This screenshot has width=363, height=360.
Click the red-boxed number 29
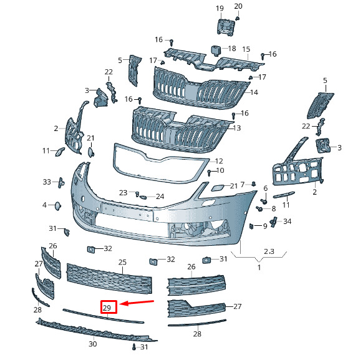coord(107,308)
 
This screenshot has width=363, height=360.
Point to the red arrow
coord(137,303)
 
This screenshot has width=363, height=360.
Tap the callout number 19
coord(220,8)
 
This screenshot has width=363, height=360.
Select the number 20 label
coord(238,6)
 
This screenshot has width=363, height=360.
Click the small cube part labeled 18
coord(215,51)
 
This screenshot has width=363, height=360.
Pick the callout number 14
coord(254,92)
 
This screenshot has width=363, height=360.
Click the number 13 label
coord(237,128)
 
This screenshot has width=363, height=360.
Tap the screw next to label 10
coord(210,173)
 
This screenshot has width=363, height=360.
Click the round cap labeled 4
coord(57,206)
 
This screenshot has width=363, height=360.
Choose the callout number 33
coord(47,182)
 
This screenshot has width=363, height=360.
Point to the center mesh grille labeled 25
coord(109,278)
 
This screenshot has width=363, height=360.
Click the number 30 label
coord(92,344)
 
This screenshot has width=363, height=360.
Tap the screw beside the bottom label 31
coord(134,347)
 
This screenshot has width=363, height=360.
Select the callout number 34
coord(288,221)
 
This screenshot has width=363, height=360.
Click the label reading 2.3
coord(269,251)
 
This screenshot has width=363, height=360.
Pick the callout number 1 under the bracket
coord(259,268)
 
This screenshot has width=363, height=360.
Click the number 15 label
coord(246,49)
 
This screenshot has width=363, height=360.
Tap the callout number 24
coord(160,197)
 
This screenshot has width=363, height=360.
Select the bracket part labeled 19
coord(225,27)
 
